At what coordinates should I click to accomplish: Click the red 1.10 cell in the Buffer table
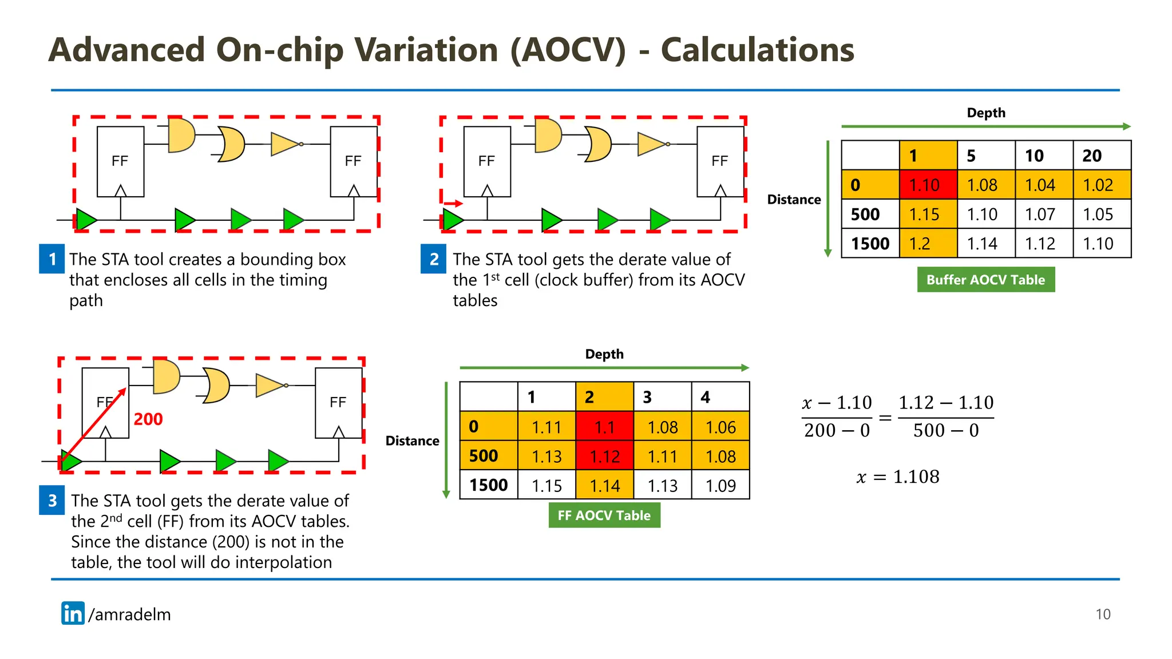click(x=928, y=185)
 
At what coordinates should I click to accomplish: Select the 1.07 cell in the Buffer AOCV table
click(x=1043, y=215)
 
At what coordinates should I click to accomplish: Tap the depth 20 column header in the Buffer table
click(x=1101, y=156)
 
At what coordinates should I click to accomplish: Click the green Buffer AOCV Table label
click(x=985, y=280)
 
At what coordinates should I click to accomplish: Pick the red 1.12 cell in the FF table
click(x=604, y=456)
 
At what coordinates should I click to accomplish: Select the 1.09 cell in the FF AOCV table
click(x=720, y=486)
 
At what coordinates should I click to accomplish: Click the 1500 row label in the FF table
click(x=488, y=485)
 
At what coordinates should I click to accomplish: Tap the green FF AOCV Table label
click(x=604, y=515)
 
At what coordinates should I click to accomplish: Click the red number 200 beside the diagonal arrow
click(x=148, y=419)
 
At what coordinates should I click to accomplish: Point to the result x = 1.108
click(x=898, y=477)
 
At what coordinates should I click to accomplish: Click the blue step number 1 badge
click(x=52, y=259)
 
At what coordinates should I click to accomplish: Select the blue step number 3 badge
click(x=52, y=501)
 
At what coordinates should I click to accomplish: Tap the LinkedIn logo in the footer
click(x=73, y=613)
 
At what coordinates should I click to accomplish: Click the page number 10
click(x=1102, y=614)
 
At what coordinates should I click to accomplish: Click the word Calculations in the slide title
click(x=757, y=50)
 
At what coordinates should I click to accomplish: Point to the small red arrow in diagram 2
click(x=453, y=203)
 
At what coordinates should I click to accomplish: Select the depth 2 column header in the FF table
click(x=604, y=397)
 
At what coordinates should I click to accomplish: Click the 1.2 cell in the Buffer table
click(x=928, y=244)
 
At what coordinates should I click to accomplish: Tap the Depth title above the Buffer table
click(x=985, y=113)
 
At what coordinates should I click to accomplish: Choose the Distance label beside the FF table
click(x=412, y=441)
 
